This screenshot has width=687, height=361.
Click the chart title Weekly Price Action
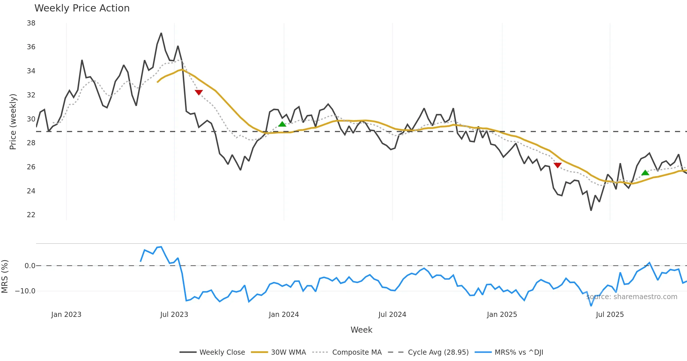click(82, 8)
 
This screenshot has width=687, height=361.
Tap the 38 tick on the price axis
click(31, 23)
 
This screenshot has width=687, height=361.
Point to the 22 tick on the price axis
click(31, 215)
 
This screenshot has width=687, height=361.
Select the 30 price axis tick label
click(31, 119)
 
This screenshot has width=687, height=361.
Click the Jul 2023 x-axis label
click(174, 315)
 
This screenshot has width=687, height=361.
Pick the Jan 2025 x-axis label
click(502, 315)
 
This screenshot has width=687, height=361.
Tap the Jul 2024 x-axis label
click(392, 315)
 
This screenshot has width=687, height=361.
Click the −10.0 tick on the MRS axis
click(25, 291)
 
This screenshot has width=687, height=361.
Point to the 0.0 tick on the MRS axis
click(30, 266)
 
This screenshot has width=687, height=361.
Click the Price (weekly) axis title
click(13, 122)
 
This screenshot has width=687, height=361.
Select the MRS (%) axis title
click(5, 276)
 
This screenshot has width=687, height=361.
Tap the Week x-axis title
click(361, 330)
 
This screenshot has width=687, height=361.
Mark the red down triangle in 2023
click(199, 92)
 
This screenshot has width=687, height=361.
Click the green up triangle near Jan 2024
click(282, 124)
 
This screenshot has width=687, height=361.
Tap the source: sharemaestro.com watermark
click(632, 297)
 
